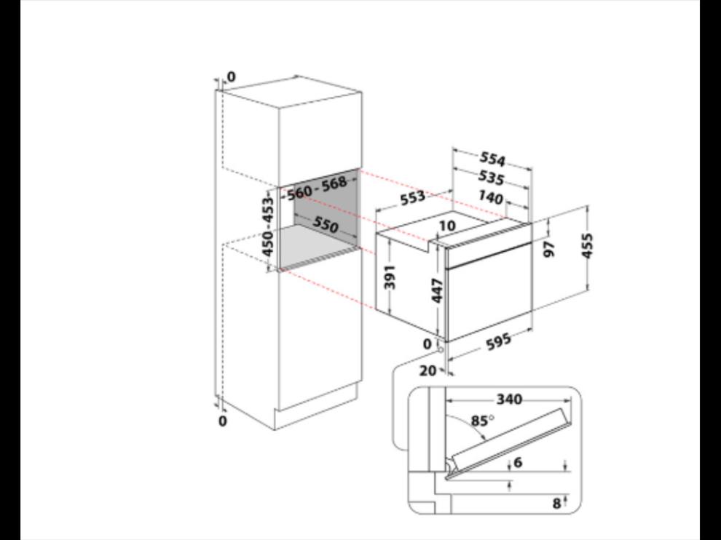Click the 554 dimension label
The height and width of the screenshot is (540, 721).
[x=492, y=159]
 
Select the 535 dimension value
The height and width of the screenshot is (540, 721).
[x=491, y=178]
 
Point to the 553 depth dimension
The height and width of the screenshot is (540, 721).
[x=412, y=198]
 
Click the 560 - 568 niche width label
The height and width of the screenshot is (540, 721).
[x=317, y=188]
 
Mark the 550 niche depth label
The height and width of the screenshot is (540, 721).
[x=326, y=224]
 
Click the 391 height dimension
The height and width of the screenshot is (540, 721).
[x=390, y=277]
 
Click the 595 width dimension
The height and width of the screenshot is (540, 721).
[x=498, y=341]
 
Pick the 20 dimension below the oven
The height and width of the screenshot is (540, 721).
[x=428, y=370]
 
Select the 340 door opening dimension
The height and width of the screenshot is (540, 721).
[x=509, y=399]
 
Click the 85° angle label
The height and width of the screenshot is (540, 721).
[x=482, y=421]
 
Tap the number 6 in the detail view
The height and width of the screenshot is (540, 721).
[x=519, y=462]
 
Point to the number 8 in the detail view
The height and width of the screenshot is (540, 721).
[x=556, y=503]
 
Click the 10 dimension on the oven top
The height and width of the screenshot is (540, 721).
[x=447, y=226]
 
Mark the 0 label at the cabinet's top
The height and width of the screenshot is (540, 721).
[x=231, y=76]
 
